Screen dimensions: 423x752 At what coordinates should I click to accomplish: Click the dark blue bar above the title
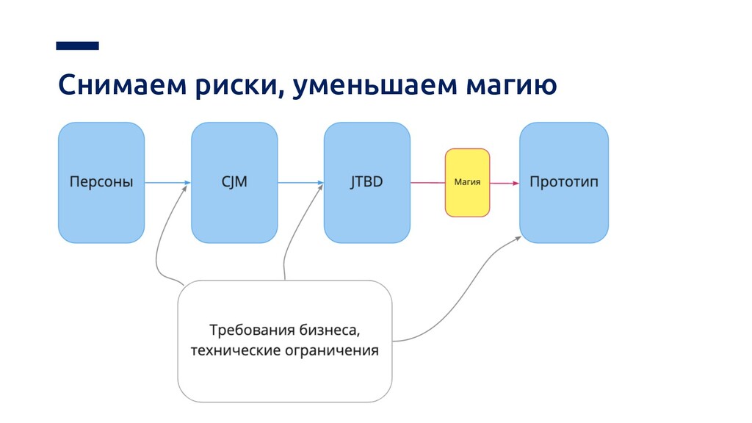click(x=77, y=46)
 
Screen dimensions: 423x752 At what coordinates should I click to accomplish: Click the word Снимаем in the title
click(x=121, y=86)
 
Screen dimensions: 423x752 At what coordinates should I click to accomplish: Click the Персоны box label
click(x=101, y=182)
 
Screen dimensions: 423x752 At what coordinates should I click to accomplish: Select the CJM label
click(x=234, y=182)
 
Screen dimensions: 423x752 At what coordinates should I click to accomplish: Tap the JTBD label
click(x=366, y=182)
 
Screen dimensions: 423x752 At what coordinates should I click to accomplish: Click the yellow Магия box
click(x=467, y=182)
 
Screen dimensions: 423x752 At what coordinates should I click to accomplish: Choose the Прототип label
click(x=564, y=182)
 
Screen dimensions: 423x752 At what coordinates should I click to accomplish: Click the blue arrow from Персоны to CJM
click(x=167, y=182)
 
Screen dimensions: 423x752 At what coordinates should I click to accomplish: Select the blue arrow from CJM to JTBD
click(x=300, y=182)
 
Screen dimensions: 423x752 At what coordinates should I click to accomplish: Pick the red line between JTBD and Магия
click(x=427, y=182)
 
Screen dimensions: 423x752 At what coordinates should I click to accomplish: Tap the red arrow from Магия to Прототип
click(x=505, y=182)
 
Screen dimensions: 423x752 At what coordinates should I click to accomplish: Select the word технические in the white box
click(x=233, y=350)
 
